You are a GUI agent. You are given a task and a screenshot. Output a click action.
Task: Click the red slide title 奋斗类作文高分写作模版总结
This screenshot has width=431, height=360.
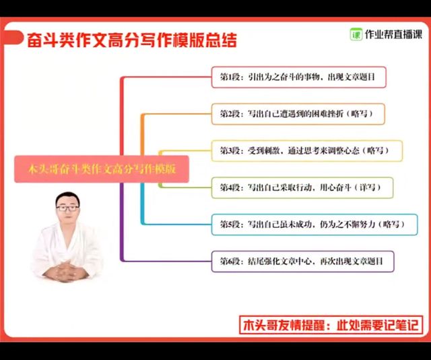pyautogui.click(x=132, y=40)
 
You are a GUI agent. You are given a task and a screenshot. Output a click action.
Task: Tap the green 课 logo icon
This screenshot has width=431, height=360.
pyautogui.click(x=356, y=34)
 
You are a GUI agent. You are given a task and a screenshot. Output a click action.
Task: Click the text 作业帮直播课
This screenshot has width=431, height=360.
pyautogui.click(x=393, y=34)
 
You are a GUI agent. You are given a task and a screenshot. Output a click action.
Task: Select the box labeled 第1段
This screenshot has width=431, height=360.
pyautogui.click(x=299, y=77)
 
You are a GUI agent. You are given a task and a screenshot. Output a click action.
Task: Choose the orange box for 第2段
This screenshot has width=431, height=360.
pyautogui.click(x=298, y=114)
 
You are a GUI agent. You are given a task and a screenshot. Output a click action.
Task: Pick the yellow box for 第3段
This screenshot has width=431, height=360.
pyautogui.click(x=307, y=151)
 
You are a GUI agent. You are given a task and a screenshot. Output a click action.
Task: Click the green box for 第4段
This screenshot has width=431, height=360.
pyautogui.click(x=302, y=187)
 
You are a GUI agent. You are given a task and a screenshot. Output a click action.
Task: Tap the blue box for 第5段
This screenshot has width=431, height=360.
pyautogui.click(x=314, y=224)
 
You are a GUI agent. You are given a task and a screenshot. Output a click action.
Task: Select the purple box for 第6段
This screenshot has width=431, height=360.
pyautogui.click(x=302, y=262)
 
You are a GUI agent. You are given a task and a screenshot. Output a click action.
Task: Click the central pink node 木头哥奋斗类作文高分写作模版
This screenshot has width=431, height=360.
pyautogui.click(x=102, y=169)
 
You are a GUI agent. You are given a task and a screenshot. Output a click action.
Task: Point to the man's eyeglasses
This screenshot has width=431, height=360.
pyautogui.click(x=67, y=208)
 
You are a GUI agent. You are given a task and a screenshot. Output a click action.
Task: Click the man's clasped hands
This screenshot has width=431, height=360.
pyautogui.click(x=66, y=271)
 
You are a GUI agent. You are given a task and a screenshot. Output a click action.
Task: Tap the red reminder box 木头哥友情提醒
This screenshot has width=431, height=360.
pyautogui.click(x=331, y=325)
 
